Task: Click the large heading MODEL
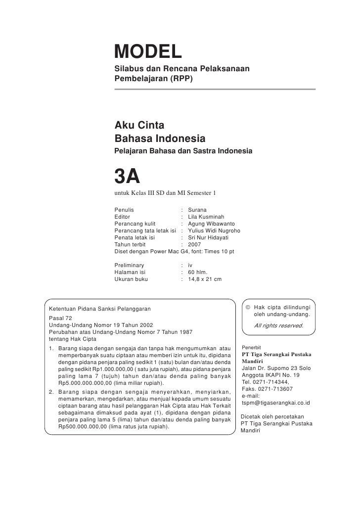[x=148, y=51]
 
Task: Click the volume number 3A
[x=128, y=176]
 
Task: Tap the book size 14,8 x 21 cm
[x=205, y=279]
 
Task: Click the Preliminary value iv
[x=191, y=265]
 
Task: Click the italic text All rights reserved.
[x=278, y=326]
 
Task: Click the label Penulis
[x=124, y=210]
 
